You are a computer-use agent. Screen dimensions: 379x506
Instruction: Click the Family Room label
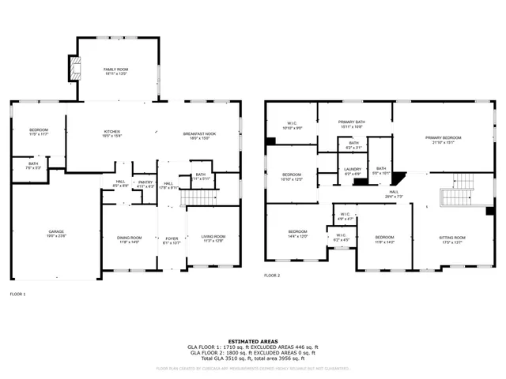pyautogui.click(x=116, y=71)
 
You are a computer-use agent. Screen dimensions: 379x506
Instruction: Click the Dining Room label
pyautogui.click(x=130, y=238)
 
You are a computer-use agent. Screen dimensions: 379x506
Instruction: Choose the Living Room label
pyautogui.click(x=213, y=238)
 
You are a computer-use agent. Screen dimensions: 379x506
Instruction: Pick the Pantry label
pyautogui.click(x=145, y=183)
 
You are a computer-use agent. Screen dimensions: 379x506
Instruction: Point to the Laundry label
pyautogui.click(x=352, y=170)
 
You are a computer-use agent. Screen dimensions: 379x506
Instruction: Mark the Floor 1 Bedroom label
pyautogui.click(x=39, y=132)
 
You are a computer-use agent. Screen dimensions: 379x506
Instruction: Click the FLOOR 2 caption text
pyautogui.click(x=272, y=276)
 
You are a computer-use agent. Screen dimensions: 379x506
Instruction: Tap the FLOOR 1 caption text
pyautogui.click(x=17, y=294)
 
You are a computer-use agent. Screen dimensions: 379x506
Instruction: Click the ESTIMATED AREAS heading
pyautogui.click(x=253, y=341)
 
